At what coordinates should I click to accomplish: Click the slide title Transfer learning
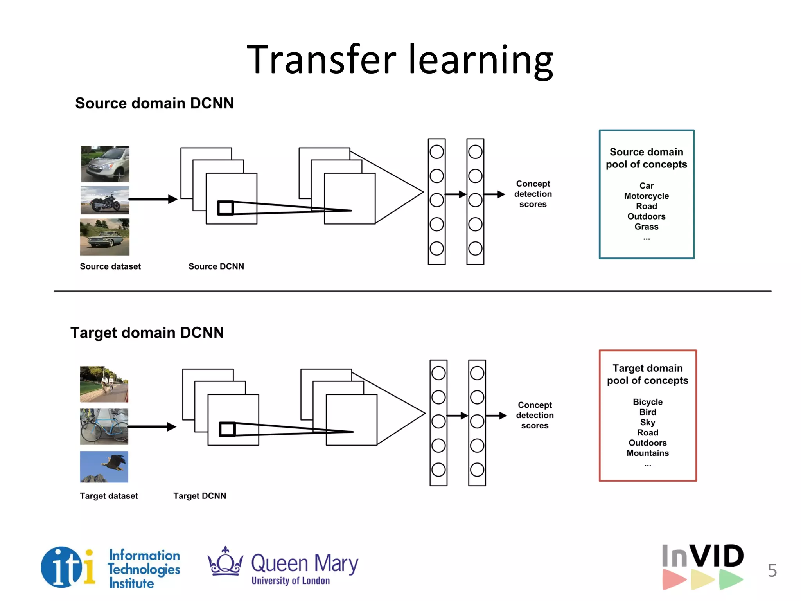400,59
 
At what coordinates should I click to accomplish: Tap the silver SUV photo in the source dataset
105,164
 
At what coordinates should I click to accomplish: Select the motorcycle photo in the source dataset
104,200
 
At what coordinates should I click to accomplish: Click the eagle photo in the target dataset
104,466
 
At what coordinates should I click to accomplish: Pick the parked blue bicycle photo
104,426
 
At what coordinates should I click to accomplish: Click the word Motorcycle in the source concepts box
646,196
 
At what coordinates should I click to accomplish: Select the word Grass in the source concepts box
646,227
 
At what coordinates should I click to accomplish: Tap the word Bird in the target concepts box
647,412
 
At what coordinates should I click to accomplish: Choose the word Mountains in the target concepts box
647,453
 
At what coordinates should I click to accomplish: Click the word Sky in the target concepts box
647,423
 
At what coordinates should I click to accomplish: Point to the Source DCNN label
216,266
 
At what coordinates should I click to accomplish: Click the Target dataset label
109,496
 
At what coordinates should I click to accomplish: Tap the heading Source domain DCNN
154,104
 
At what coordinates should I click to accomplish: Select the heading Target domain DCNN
147,333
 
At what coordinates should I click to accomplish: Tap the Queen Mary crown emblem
225,562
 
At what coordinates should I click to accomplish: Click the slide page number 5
772,570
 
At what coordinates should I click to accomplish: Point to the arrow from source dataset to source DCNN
153,199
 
